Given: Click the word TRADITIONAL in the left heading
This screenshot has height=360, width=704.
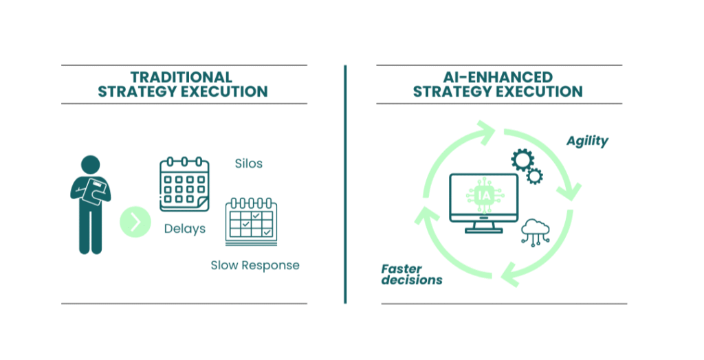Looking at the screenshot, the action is [181, 77].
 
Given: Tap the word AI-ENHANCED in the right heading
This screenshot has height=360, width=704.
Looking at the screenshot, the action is [498, 77].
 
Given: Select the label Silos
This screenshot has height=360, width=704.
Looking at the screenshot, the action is [249, 164].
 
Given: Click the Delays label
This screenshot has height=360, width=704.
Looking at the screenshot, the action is [184, 229].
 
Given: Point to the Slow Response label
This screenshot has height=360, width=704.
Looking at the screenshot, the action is [255, 265].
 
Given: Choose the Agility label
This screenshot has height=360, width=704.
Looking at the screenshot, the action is [587, 141].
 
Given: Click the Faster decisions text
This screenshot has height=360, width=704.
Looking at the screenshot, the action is [412, 274].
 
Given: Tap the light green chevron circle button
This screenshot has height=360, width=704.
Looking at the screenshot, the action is [135, 222].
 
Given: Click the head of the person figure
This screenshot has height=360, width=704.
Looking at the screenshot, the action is [90, 165].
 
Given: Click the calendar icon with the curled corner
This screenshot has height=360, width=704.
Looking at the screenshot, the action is [184, 184].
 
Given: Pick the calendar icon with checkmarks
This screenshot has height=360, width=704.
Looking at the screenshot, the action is [251, 221].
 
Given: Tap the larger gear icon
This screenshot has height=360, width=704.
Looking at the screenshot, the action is [522, 160].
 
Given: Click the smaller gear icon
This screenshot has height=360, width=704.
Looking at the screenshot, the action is [534, 176].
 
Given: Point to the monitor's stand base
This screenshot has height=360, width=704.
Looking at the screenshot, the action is [483, 231].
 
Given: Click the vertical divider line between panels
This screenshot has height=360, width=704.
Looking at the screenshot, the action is [345, 184].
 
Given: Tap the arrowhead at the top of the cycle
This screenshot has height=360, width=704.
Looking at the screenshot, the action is [485, 131].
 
